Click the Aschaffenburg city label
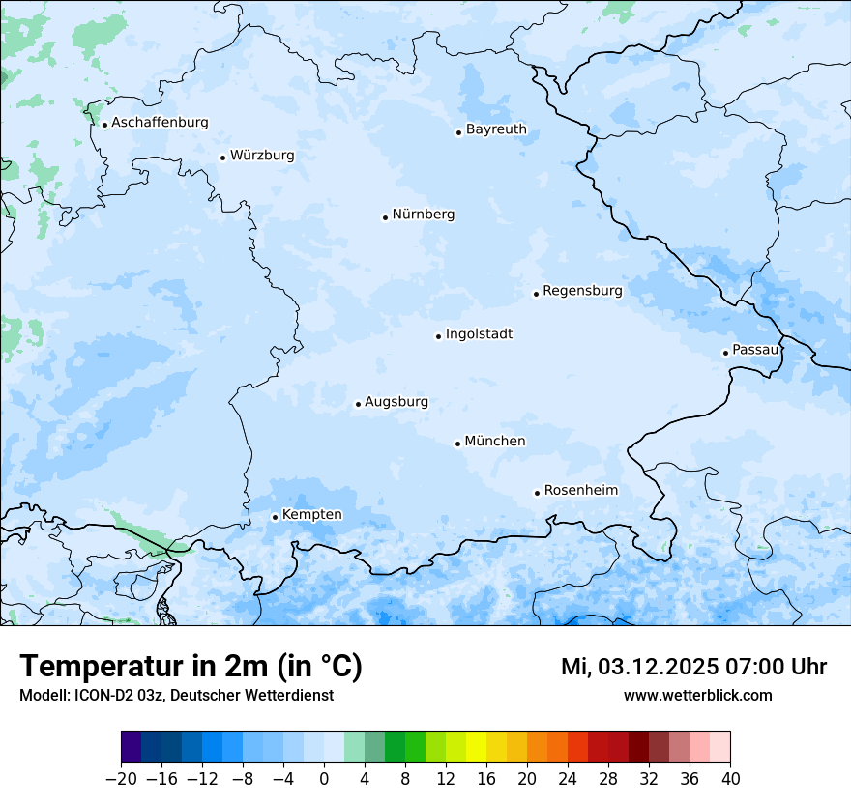coord(160,123)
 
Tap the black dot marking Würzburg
coord(222,158)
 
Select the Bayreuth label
coord(496,129)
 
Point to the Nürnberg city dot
coord(385,217)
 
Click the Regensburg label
coord(582,291)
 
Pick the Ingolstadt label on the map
coord(479,334)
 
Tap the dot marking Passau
coord(725,353)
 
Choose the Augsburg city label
coord(396,402)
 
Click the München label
coord(495,442)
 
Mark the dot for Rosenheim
coord(537,493)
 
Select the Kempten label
coord(311,515)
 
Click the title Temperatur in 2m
coord(191,667)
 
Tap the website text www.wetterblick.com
coord(697,696)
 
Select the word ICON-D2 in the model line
coord(98,696)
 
